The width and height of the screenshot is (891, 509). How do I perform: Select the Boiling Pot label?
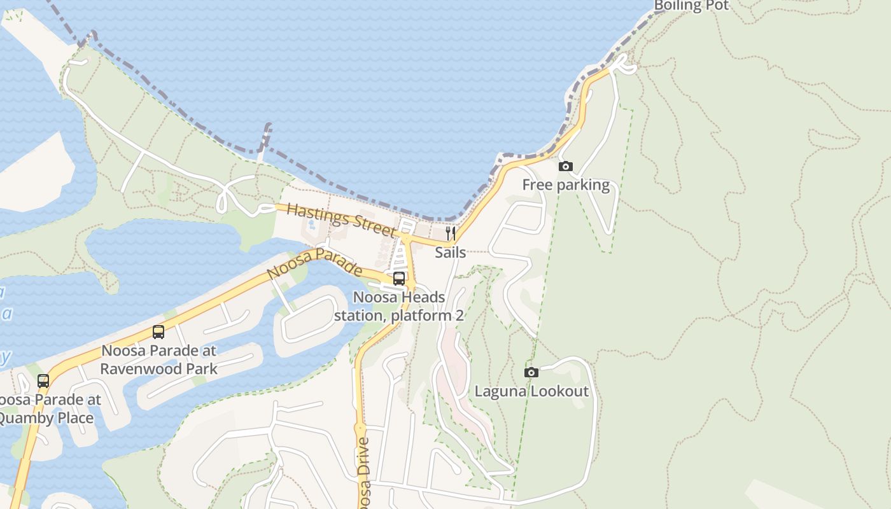[x=691, y=6]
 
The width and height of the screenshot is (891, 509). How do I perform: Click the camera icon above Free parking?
[x=565, y=167]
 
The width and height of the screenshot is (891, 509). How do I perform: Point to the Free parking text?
[x=566, y=185]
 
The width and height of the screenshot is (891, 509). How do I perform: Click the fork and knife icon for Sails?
[x=450, y=234]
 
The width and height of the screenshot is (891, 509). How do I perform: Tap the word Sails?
[x=450, y=253]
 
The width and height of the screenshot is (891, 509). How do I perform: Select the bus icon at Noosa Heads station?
[x=399, y=278]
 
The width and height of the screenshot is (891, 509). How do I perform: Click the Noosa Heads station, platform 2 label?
[x=398, y=306]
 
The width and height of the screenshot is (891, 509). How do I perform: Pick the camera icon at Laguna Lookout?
[x=531, y=372]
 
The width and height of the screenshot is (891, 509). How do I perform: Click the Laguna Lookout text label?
[x=531, y=391]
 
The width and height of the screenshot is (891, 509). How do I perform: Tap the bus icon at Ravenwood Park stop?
[x=158, y=331]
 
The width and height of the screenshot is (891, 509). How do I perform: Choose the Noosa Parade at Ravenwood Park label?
[x=158, y=359]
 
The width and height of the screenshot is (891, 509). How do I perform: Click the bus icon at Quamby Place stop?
[x=43, y=381]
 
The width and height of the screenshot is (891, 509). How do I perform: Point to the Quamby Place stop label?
[x=48, y=409]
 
